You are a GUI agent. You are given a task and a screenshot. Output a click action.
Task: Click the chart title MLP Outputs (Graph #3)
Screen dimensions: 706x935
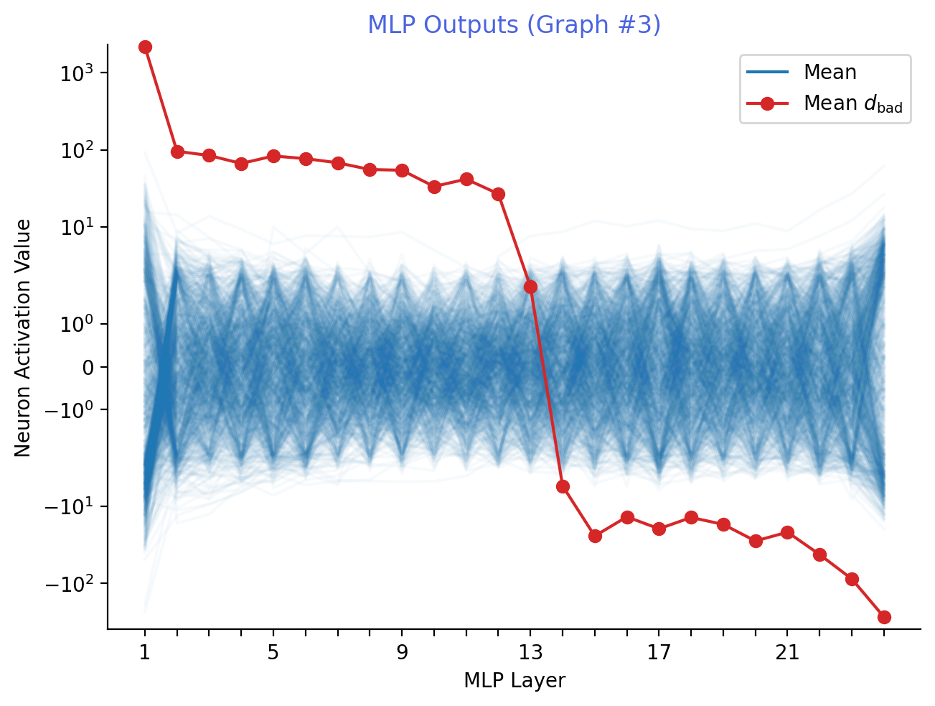pyautogui.click(x=514, y=25)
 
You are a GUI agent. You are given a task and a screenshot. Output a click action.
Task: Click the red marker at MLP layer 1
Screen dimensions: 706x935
pyautogui.click(x=145, y=47)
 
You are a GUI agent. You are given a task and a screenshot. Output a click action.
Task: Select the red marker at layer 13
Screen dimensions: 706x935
pyautogui.click(x=530, y=287)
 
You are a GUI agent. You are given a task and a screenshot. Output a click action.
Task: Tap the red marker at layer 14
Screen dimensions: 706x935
pyautogui.click(x=563, y=486)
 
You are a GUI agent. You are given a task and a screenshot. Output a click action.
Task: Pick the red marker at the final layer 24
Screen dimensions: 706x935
pyautogui.click(x=884, y=617)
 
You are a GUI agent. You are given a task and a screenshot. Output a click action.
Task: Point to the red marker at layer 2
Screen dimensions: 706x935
pyautogui.click(x=177, y=152)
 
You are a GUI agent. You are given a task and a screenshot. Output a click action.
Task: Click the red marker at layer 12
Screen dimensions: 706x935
pyautogui.click(x=498, y=194)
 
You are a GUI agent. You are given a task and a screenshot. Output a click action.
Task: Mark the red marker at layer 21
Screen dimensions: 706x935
pyautogui.click(x=787, y=532)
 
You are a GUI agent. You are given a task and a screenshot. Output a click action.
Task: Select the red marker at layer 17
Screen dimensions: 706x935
pyautogui.click(x=659, y=529)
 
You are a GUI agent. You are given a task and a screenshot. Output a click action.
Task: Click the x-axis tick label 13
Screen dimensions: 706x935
pyautogui.click(x=530, y=653)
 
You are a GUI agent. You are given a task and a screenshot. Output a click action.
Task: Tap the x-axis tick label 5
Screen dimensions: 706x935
pyautogui.click(x=273, y=653)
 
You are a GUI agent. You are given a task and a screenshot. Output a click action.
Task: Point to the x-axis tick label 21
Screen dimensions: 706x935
pyautogui.click(x=787, y=653)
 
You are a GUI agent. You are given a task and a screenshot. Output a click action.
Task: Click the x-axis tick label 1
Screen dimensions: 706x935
pyautogui.click(x=145, y=653)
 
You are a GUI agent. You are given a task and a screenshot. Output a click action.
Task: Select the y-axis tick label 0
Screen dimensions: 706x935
pyautogui.click(x=88, y=368)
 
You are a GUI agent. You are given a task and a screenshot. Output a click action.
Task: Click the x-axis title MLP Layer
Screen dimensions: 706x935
pyautogui.click(x=514, y=681)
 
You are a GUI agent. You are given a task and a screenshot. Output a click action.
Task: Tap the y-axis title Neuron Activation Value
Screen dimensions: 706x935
pyautogui.click(x=23, y=338)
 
